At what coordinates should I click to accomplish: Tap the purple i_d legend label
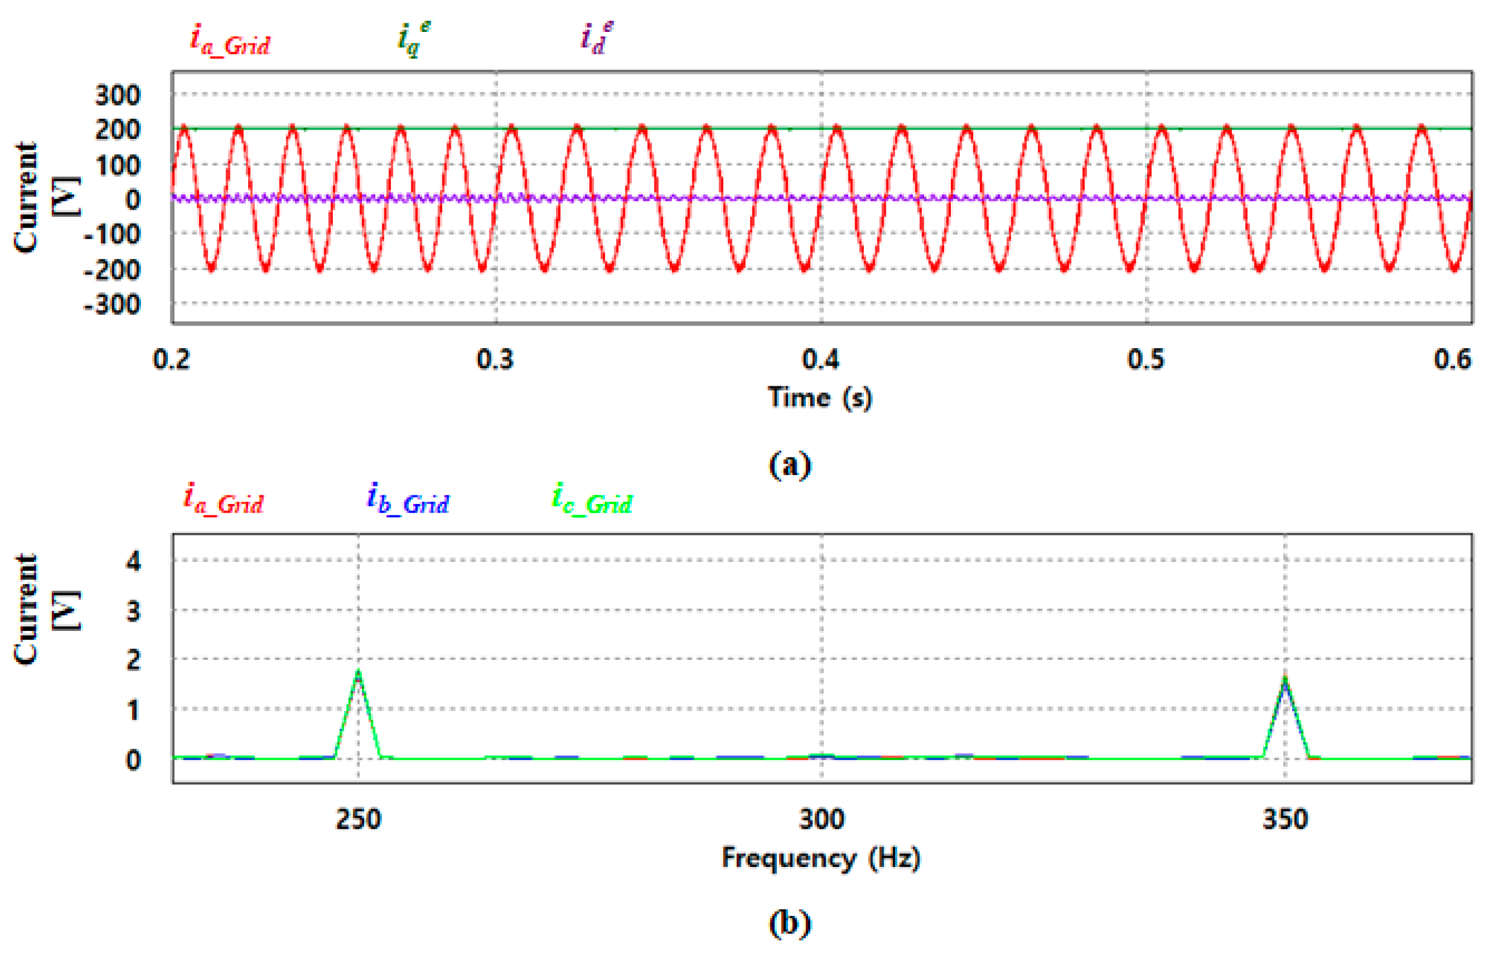[x=596, y=39]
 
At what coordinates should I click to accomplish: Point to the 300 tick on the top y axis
[x=118, y=96]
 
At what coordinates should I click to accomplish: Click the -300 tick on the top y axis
[x=112, y=304]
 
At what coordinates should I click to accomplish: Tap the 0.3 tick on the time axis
[x=495, y=360]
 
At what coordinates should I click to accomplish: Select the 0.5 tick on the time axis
[x=1146, y=360]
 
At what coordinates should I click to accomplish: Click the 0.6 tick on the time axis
[x=1453, y=360]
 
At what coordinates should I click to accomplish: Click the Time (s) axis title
[x=820, y=397]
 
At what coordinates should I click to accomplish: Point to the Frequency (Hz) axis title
[x=821, y=858]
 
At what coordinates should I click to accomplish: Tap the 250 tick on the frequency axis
[x=358, y=820]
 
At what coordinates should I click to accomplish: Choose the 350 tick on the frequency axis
[x=1285, y=820]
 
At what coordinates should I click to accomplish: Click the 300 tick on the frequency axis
[x=822, y=820]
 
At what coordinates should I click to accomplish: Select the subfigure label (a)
[x=789, y=465]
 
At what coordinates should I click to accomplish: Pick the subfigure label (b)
[x=789, y=923]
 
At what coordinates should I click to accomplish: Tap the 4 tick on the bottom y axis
[x=133, y=561]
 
